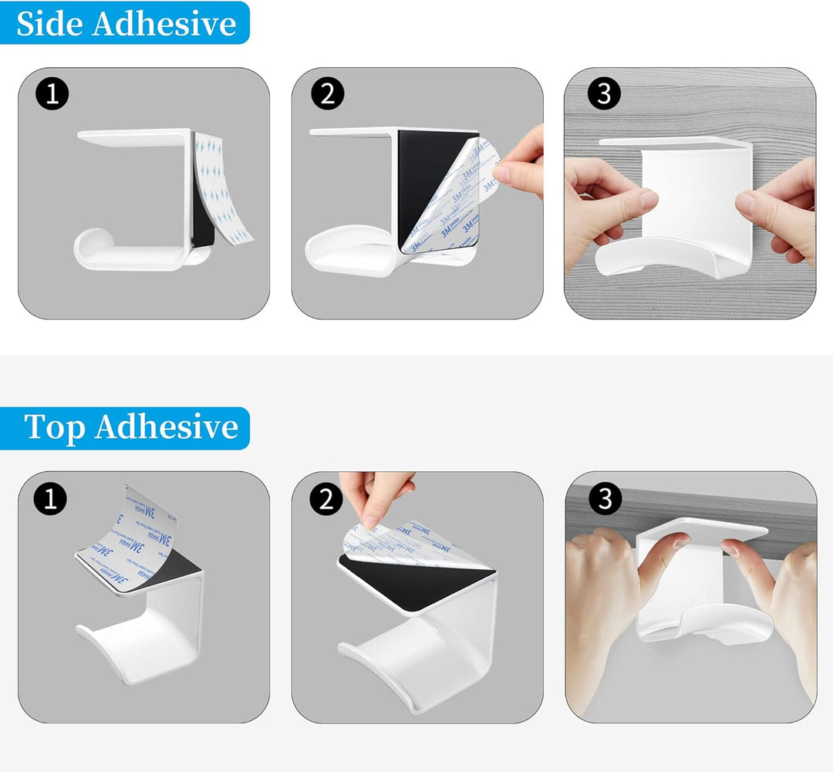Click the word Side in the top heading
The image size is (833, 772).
pos(50,23)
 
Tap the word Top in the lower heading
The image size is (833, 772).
pos(56,427)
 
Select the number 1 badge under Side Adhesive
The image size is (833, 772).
pos(52,94)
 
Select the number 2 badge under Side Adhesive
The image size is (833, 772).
pos(327,94)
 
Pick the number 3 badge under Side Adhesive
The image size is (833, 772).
pos(603,94)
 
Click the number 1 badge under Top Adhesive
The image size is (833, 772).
pos(51,500)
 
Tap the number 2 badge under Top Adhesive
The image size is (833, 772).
pos(326,500)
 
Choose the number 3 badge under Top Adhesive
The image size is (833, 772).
pos(604,500)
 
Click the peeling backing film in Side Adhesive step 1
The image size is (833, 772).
pos(224,185)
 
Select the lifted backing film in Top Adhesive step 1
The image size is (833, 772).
pos(139,524)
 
